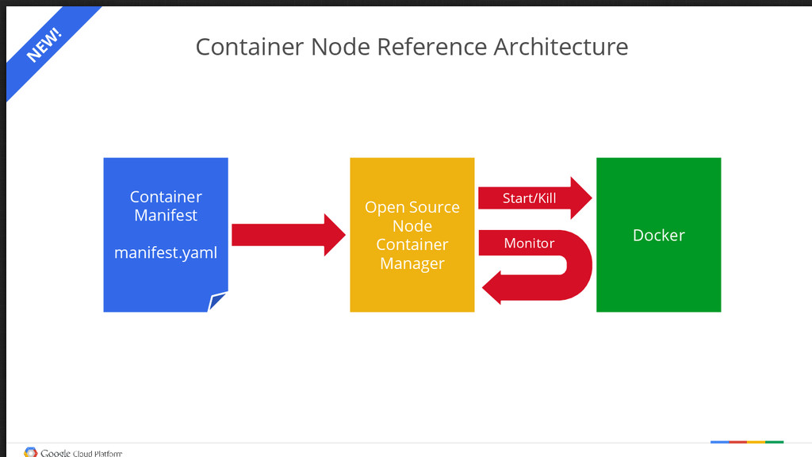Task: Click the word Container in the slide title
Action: [250, 47]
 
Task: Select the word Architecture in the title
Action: [561, 47]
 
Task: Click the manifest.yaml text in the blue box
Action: [166, 253]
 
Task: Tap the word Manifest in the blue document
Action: [166, 215]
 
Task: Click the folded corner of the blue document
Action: [217, 302]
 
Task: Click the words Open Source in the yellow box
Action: [412, 207]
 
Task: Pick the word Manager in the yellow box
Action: [412, 263]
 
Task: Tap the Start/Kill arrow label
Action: [529, 198]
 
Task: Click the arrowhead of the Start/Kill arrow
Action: [582, 198]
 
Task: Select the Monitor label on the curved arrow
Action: [529, 243]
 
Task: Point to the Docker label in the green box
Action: [658, 235]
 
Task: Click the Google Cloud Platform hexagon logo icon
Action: [31, 452]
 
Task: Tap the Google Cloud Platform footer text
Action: [82, 453]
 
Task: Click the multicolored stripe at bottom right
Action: [747, 441]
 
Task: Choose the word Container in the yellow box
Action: [412, 244]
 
